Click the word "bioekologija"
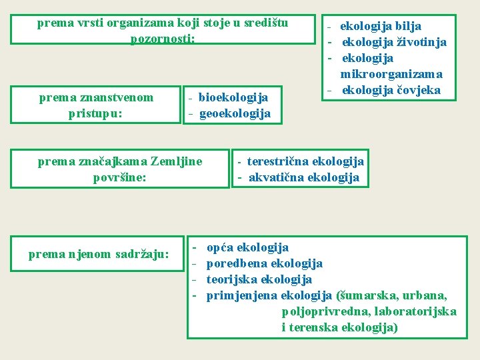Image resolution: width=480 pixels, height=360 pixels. pyautogui.click(x=233, y=98)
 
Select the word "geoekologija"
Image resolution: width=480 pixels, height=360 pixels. pyautogui.click(x=235, y=113)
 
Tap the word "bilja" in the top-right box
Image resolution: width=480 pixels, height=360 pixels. pyautogui.click(x=408, y=27)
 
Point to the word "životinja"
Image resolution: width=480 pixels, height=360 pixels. pyautogui.click(x=421, y=43)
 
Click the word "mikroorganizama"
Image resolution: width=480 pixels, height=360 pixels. pyautogui.click(x=391, y=74)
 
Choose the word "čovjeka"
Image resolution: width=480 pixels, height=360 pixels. pyautogui.click(x=420, y=90)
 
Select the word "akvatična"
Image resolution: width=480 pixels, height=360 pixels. pyautogui.click(x=273, y=177)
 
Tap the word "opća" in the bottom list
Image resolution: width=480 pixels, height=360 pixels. pyautogui.click(x=219, y=248)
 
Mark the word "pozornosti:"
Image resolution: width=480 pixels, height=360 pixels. pyautogui.click(x=163, y=39)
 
